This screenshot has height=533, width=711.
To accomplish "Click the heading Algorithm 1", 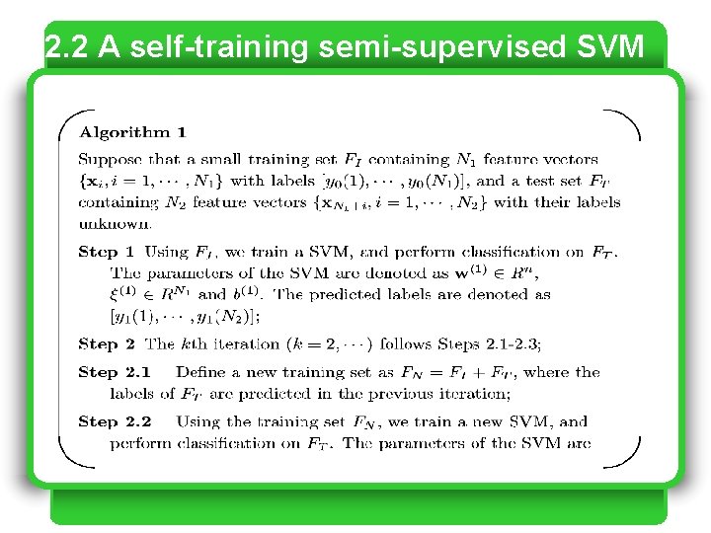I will point(132,132).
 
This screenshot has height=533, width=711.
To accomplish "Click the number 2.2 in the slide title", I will point(67,46).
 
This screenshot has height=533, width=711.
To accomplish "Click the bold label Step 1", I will point(107,253).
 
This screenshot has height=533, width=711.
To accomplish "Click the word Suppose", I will point(110,160).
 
